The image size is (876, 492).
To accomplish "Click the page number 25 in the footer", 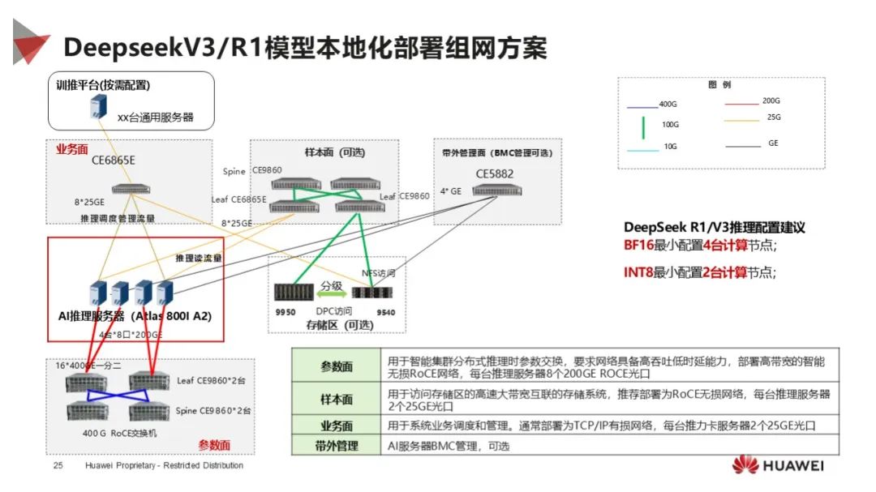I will pyautogui.click(x=58, y=466).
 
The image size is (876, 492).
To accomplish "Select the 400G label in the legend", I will pyautogui.click(x=668, y=104).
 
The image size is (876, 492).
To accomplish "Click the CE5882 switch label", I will pyautogui.click(x=494, y=173).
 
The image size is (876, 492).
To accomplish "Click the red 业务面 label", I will pyautogui.click(x=71, y=149).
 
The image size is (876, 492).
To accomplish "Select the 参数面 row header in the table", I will pyautogui.click(x=336, y=366).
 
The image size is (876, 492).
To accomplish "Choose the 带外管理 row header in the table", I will pyautogui.click(x=336, y=445).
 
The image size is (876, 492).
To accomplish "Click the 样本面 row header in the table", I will pyautogui.click(x=336, y=399).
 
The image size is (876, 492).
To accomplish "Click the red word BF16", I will pyautogui.click(x=638, y=245).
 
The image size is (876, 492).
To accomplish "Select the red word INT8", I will pyautogui.click(x=638, y=272).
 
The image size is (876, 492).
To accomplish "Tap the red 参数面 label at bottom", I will pyautogui.click(x=214, y=445).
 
